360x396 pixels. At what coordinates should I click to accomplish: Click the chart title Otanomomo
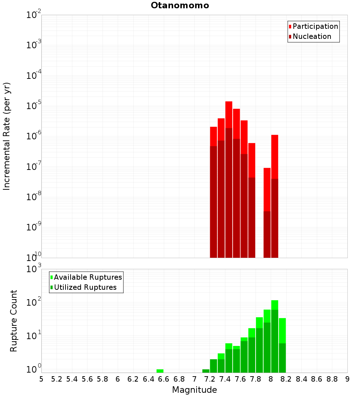pyautogui.click(x=180, y=5)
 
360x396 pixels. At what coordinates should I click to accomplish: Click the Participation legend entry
pyautogui.click(x=315, y=26)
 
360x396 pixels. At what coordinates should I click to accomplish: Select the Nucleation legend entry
pyautogui.click(x=311, y=36)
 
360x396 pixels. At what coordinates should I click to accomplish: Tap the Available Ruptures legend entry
pyautogui.click(x=87, y=277)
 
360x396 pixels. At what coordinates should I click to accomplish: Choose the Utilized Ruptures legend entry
pyautogui.click(x=85, y=287)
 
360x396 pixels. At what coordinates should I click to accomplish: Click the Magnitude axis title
pyautogui.click(x=194, y=390)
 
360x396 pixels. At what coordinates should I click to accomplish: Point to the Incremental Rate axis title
pyautogui.click(x=7, y=136)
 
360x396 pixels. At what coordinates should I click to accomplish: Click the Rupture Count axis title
pyautogui.click(x=14, y=321)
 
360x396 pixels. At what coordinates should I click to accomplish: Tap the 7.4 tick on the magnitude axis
pyautogui.click(x=225, y=379)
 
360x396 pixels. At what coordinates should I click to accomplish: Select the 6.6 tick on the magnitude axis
pyautogui.click(x=164, y=379)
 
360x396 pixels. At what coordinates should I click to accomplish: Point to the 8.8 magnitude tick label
pyautogui.click(x=332, y=379)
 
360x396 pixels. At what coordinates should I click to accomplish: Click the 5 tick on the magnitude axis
pyautogui.click(x=41, y=379)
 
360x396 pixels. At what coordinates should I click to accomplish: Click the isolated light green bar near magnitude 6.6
pyautogui.click(x=160, y=371)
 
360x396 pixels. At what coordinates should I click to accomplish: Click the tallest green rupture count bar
pyautogui.click(x=275, y=337)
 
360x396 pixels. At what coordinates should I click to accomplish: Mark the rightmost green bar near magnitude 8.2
pyautogui.click(x=282, y=346)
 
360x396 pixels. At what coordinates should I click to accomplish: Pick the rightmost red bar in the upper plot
pyautogui.click(x=275, y=196)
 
